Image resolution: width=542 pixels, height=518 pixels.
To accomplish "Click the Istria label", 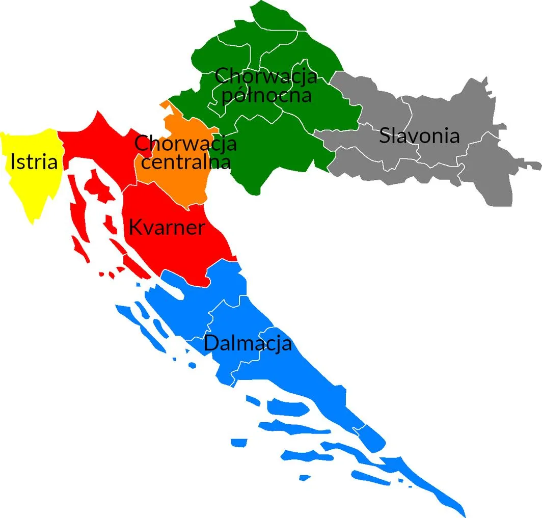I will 34,162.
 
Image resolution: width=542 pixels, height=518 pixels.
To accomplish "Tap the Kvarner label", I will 166,227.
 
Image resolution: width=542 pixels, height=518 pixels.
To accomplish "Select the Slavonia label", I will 419,136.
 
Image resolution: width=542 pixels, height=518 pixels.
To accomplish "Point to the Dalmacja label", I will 248,343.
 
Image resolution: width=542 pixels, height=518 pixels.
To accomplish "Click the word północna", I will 266,95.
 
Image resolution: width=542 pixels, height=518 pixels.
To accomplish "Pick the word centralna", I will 186,162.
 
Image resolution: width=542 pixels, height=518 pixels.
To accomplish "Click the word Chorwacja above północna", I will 266,76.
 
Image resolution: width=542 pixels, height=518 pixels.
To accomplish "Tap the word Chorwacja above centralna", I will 185,143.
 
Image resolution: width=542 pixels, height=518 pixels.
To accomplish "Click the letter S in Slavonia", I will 385,136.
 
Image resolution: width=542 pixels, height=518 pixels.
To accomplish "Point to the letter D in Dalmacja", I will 210,343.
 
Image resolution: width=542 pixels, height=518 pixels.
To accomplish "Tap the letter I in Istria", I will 13,162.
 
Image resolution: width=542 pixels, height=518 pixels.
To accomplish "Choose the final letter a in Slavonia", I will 454,137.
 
